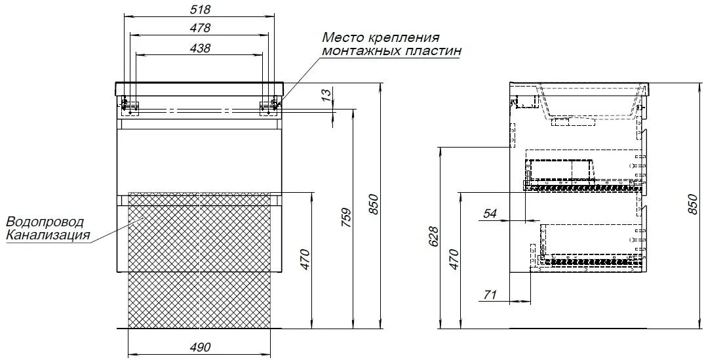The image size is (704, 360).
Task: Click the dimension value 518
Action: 200,9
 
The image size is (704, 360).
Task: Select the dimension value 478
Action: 200,28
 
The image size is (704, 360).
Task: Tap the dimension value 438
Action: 200,48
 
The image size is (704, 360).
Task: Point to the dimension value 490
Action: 200,348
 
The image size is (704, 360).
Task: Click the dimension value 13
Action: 328,94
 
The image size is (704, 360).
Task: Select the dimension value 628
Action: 433,237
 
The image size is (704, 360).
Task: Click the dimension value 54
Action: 490,214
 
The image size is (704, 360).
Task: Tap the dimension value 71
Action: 490,295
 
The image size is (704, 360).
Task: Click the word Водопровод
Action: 45,222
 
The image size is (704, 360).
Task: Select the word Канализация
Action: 48,235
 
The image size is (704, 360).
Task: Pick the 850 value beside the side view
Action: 693,204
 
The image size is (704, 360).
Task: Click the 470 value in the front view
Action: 305,259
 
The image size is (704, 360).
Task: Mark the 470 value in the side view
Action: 454,259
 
